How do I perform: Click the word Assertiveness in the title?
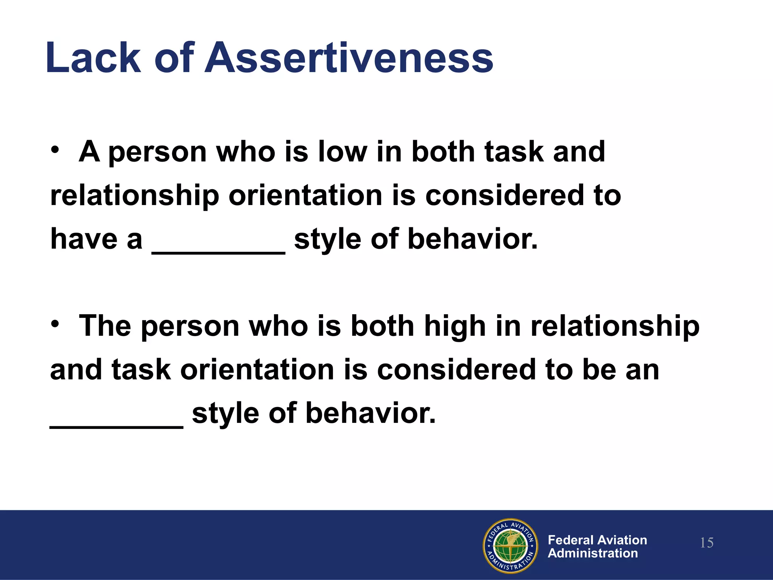349,57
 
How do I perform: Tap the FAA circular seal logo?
510,545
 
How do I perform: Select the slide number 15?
707,543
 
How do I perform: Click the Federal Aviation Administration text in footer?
597,546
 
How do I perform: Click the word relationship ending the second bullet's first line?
615,327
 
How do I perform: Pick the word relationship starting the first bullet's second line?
135,196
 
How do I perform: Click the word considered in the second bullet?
456,370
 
